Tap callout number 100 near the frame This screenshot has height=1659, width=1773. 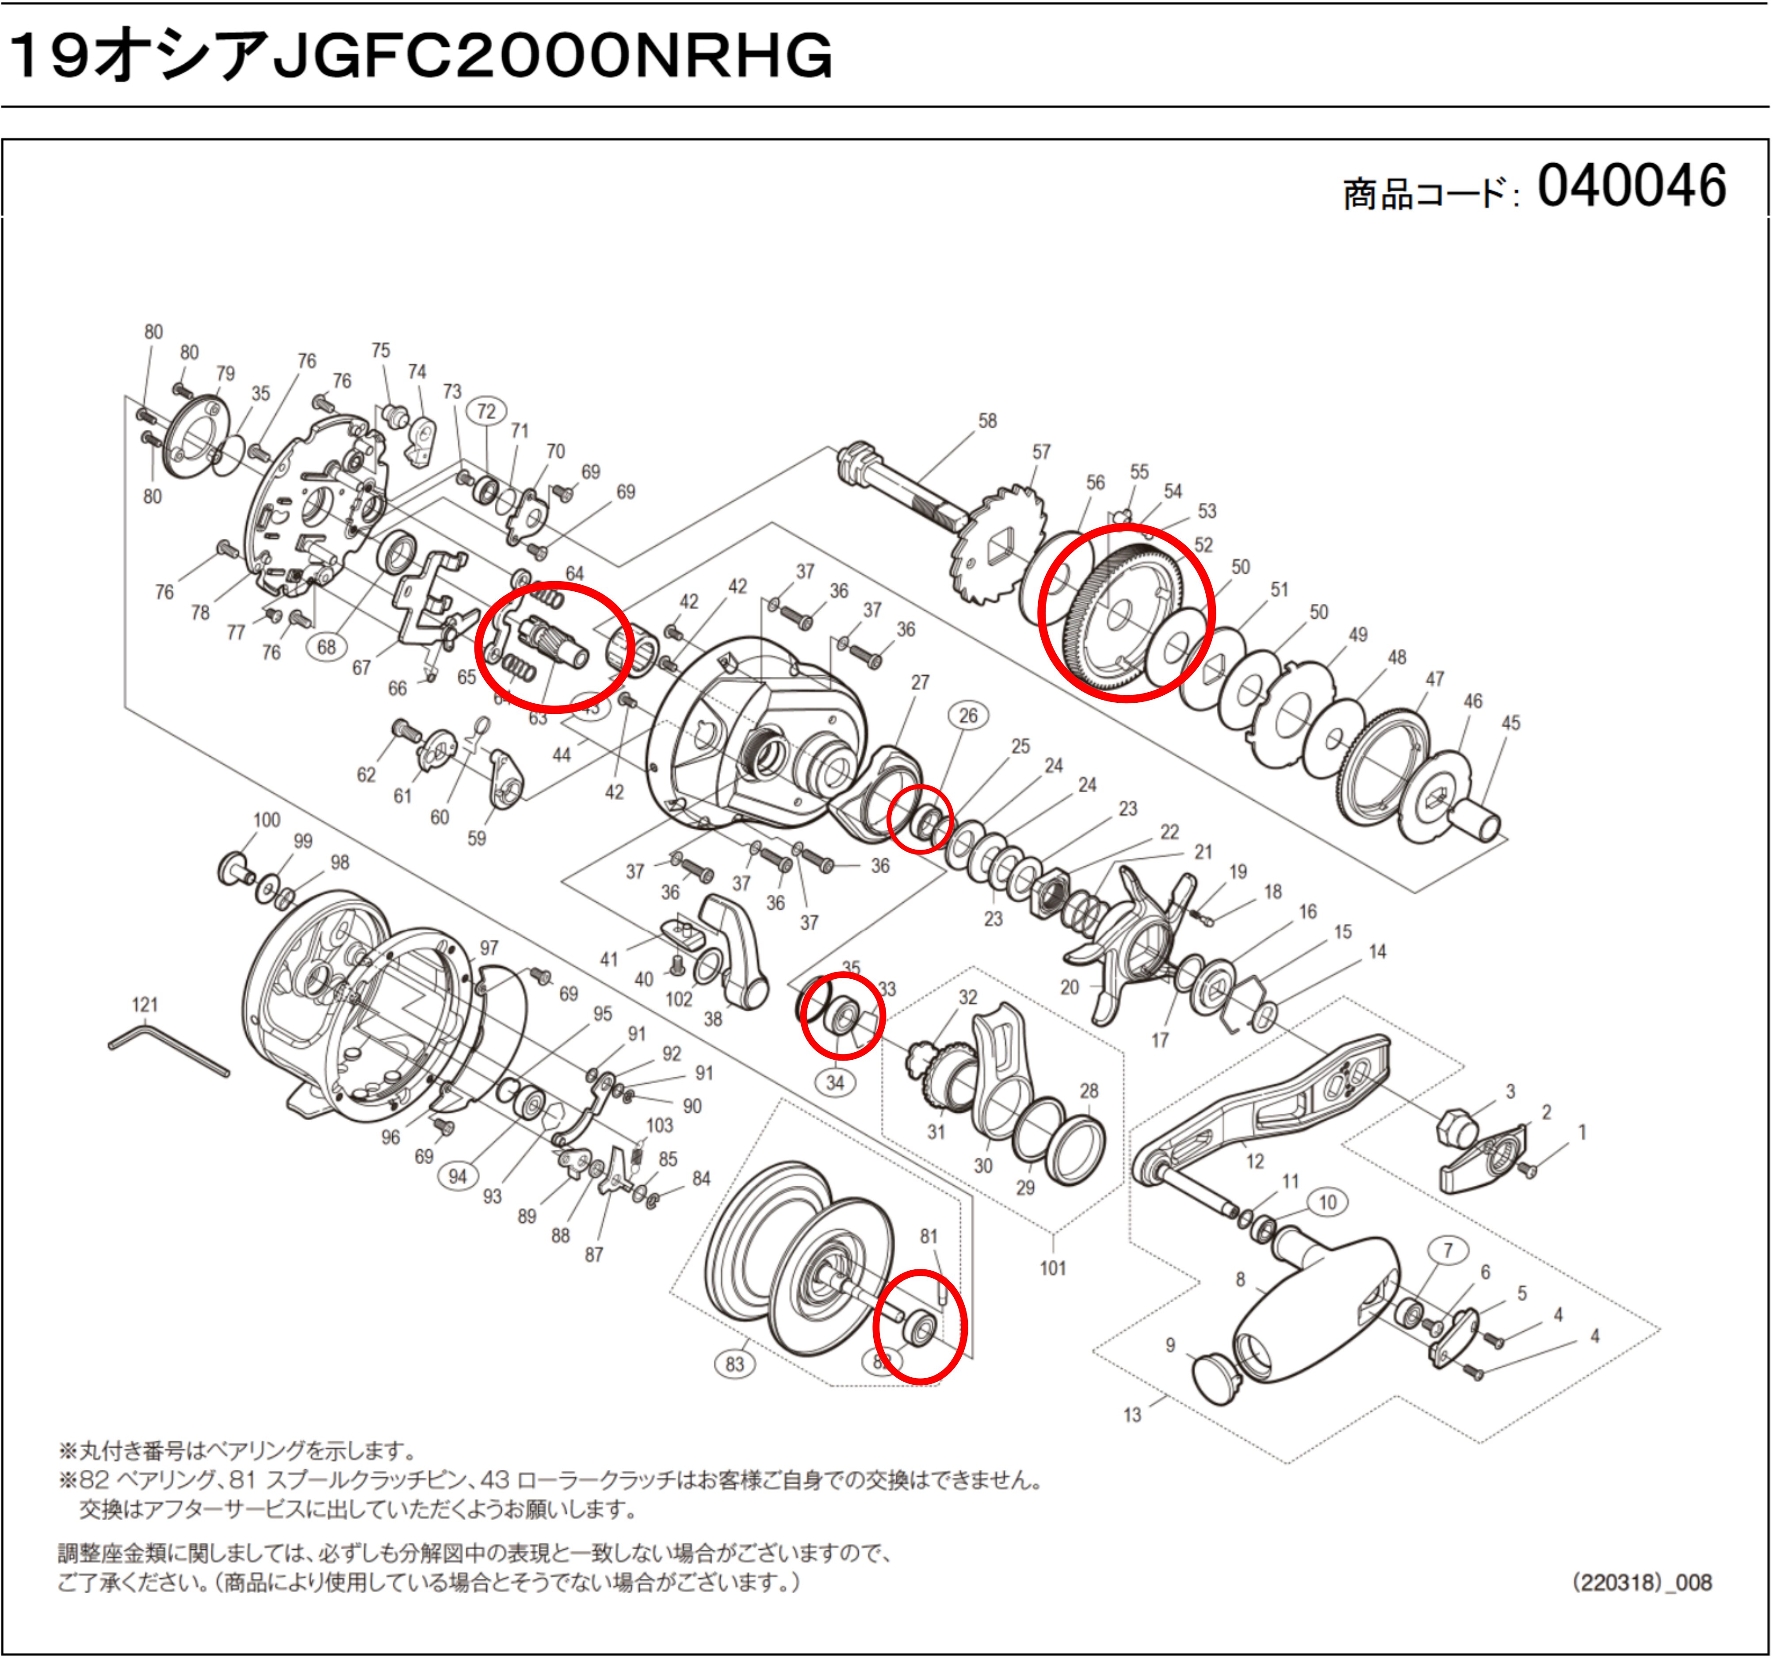click(x=267, y=820)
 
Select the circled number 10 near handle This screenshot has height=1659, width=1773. click(x=1327, y=1202)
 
